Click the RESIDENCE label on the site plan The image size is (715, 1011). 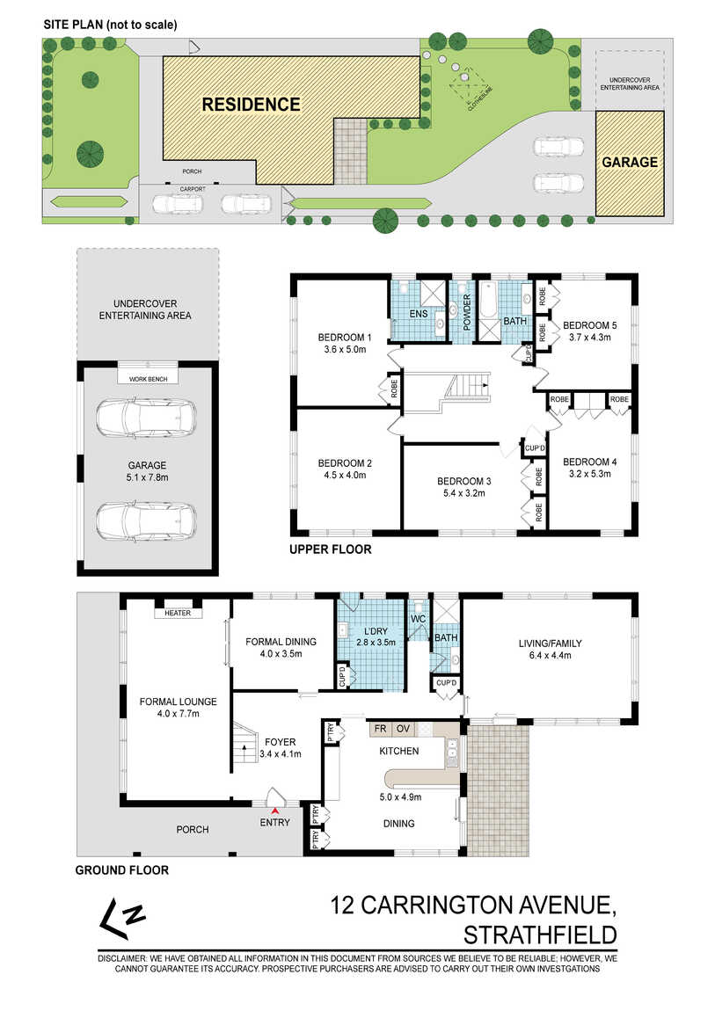251,105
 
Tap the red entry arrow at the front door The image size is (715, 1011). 275,811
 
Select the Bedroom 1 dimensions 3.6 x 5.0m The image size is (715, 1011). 345,350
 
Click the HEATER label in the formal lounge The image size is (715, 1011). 178,613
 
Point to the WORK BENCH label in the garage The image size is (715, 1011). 149,379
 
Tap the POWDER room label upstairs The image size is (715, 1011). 467,313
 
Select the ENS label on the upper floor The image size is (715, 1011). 419,314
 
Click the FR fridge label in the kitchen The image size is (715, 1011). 381,729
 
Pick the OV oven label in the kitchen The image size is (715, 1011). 403,729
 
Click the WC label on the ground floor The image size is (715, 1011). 419,619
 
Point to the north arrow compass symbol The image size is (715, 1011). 121,918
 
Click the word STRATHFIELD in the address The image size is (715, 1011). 540,935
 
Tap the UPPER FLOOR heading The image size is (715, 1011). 330,549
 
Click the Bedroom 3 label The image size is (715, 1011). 464,482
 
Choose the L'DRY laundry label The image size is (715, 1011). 376,631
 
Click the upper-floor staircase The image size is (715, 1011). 466,385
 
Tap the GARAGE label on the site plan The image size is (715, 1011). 630,163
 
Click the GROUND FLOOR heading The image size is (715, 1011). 122,870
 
